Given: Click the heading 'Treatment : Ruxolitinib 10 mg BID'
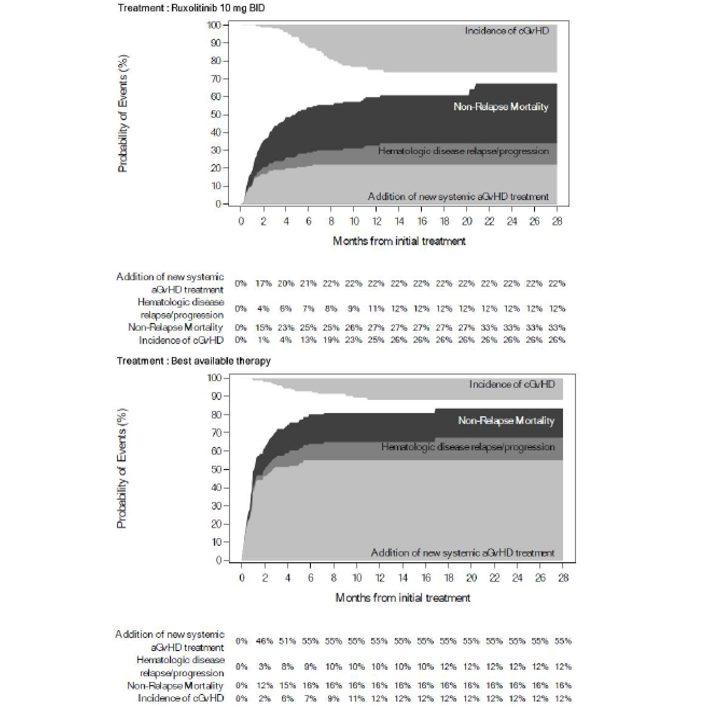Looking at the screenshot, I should pos(191,8).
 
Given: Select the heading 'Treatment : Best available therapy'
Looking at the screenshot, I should pos(194,361).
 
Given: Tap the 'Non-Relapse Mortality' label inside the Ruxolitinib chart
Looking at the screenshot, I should pos(501,107).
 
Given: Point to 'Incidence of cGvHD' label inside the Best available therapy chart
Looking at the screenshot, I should pos(512,384).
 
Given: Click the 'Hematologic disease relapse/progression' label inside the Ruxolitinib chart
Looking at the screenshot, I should pos(463,151).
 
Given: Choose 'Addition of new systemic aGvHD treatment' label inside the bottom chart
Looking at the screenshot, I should pos(462,553).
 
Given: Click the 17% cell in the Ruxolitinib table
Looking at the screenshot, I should pos(263,283).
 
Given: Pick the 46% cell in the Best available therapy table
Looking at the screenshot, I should pos(265,641).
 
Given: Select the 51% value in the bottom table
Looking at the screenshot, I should pos(287,641).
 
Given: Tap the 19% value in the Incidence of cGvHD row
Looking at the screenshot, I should pos(331,340).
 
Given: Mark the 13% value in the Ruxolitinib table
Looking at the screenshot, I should pos(308,340).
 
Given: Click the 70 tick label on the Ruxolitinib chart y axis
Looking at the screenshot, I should pos(215,79).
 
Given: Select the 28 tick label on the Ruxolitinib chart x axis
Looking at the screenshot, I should pos(557,221).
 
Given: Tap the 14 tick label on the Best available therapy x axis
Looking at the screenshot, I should pos(403,578).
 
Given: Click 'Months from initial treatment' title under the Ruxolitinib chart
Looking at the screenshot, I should pos(399,241).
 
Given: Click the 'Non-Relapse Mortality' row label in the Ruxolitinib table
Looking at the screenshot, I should pos(175,327).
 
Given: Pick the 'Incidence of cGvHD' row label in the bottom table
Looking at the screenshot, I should pos(181,698).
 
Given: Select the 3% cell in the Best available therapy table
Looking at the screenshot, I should pos(265,667).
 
